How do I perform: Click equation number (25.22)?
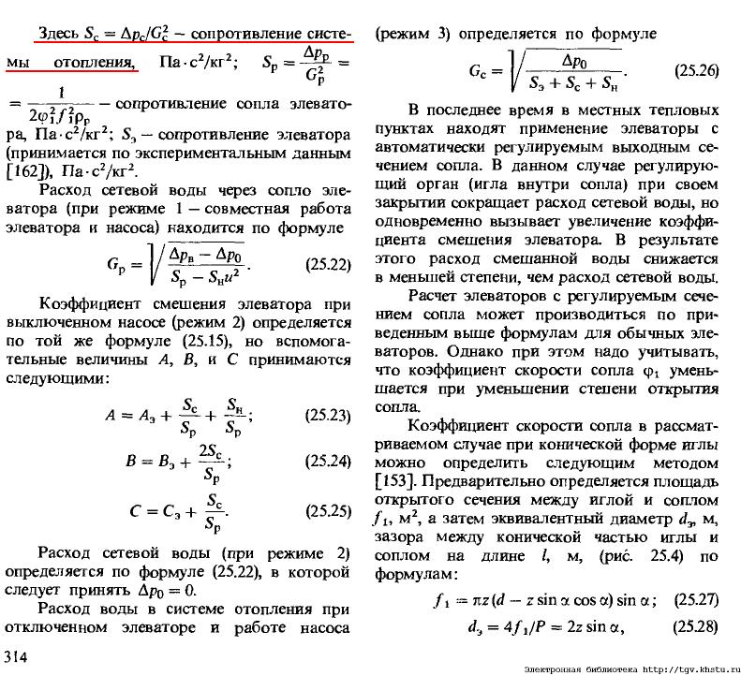(328, 265)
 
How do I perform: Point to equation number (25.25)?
(328, 513)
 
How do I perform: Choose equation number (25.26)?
(696, 70)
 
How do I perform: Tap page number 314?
(18, 654)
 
